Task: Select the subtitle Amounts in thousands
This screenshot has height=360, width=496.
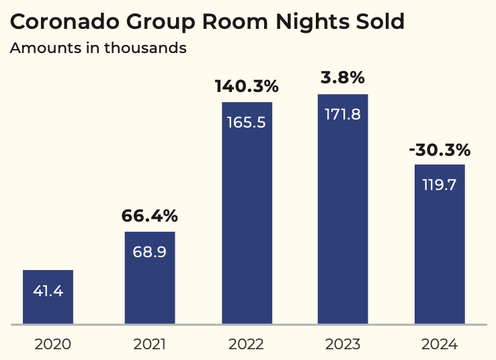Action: [x=98, y=48]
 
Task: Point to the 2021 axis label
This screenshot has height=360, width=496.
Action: [x=149, y=345]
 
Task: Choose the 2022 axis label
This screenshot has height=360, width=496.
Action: [x=246, y=345]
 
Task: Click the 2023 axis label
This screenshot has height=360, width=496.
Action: [x=342, y=345]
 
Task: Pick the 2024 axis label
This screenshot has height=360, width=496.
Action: [x=439, y=345]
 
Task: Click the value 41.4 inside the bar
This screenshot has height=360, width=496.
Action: [x=48, y=291]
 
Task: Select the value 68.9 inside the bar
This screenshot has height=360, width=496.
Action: [x=149, y=253]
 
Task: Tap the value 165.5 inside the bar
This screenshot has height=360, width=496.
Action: [x=246, y=124]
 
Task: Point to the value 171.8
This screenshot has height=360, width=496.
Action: [x=342, y=115]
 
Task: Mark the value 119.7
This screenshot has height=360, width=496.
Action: [x=439, y=185]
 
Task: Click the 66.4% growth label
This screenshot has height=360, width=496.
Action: [x=149, y=216]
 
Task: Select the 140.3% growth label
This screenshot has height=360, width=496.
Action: [x=246, y=87]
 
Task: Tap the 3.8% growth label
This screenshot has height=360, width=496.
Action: [x=342, y=78]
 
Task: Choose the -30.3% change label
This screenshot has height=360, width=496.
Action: [x=440, y=149]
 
